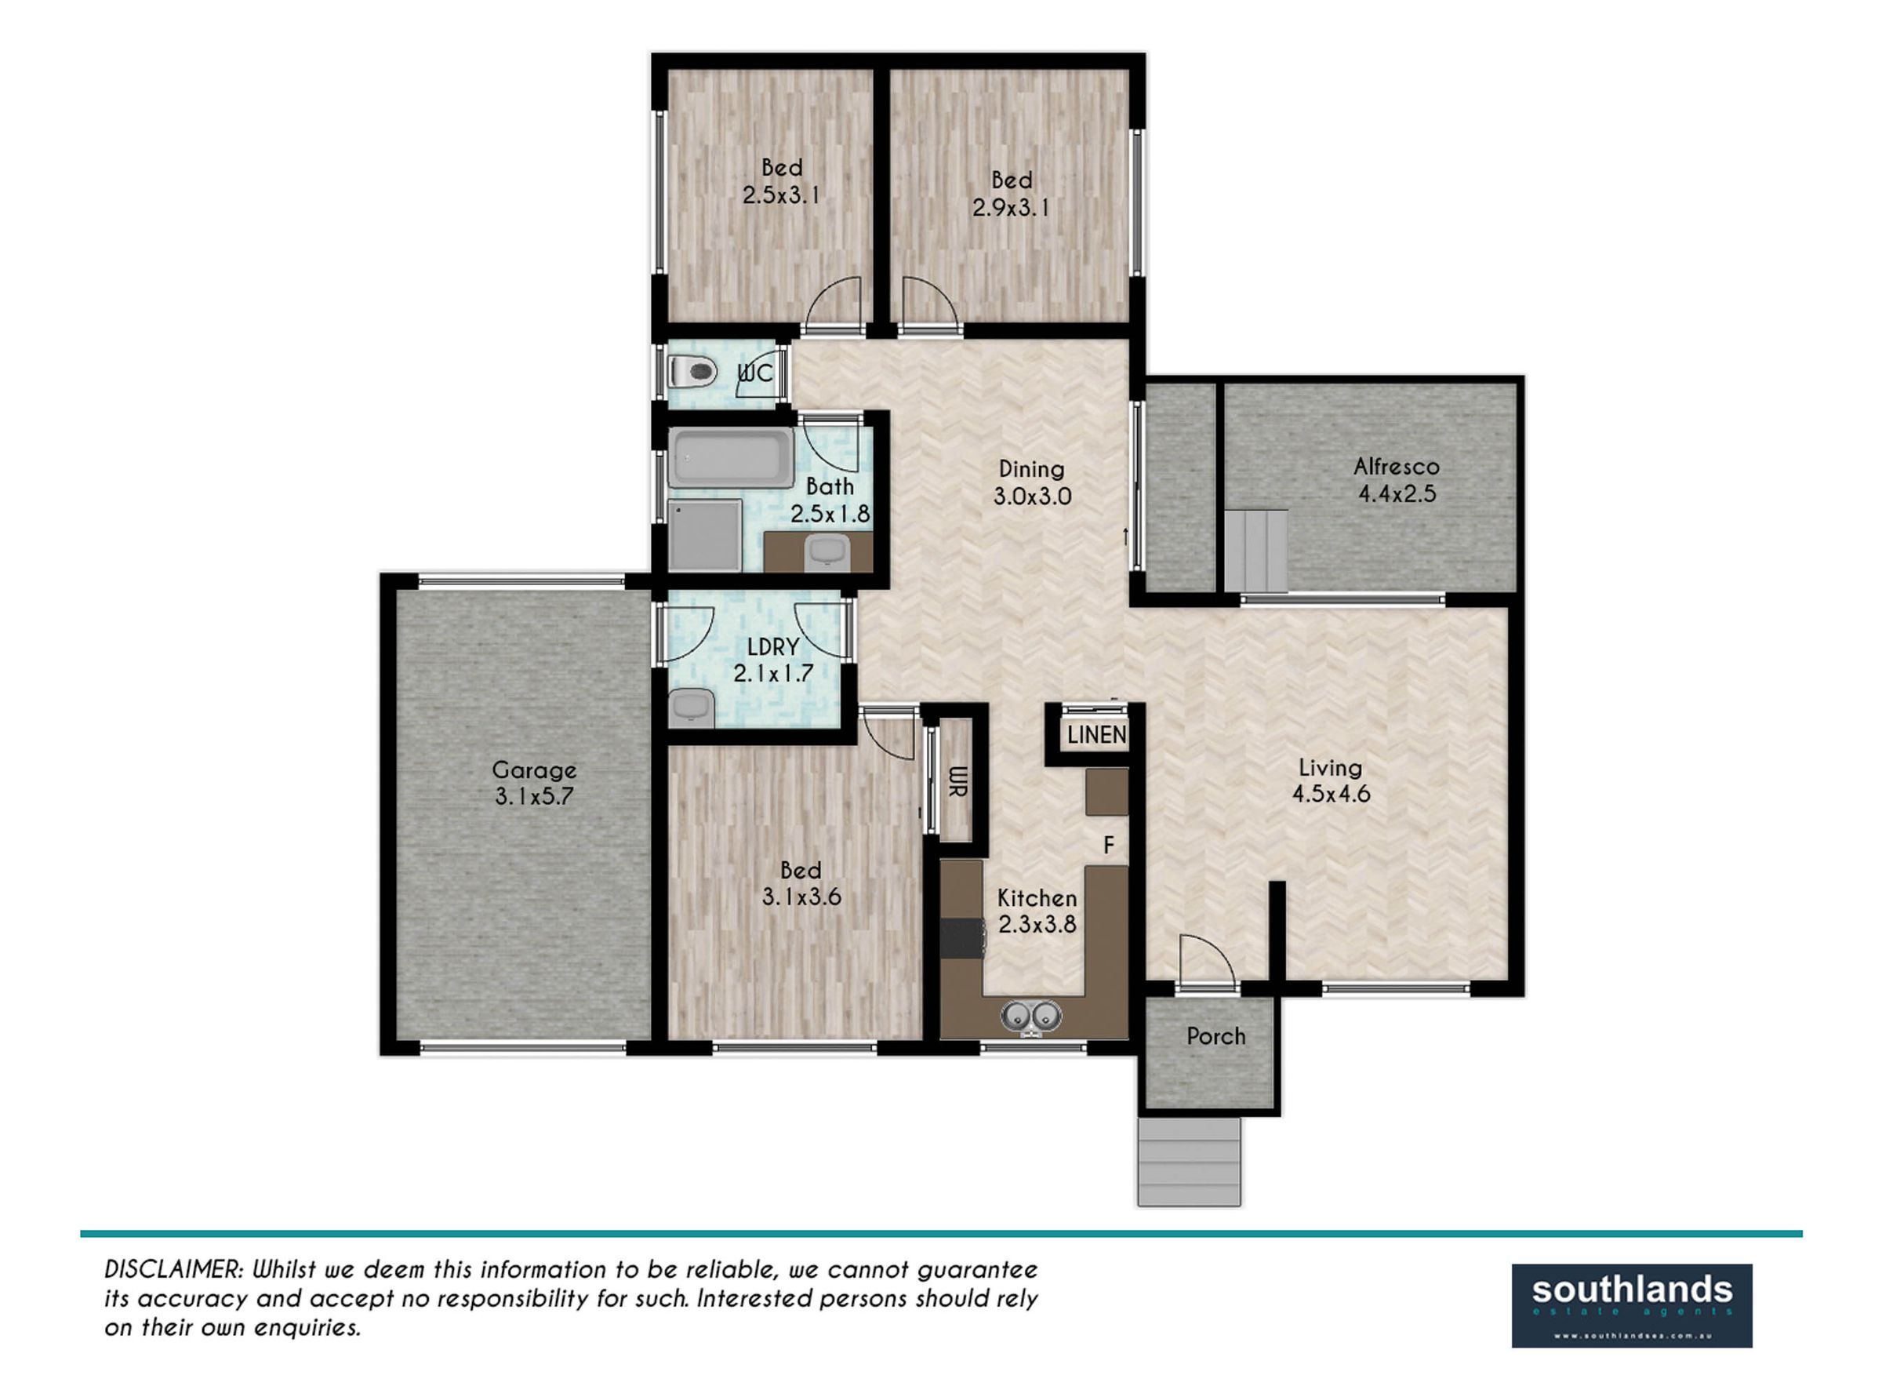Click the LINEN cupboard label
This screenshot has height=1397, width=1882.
click(1096, 735)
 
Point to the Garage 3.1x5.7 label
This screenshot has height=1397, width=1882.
click(534, 782)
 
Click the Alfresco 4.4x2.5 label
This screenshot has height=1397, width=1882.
click(1396, 479)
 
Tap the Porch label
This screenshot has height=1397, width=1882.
click(1215, 1036)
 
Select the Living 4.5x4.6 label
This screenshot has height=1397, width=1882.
click(1331, 780)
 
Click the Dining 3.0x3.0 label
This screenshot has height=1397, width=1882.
click(1031, 482)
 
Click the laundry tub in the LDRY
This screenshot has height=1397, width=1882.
click(692, 708)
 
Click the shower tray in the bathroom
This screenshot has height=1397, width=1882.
click(705, 535)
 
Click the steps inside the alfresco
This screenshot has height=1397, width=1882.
click(1257, 551)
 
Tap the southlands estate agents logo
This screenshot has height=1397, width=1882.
click(1632, 1306)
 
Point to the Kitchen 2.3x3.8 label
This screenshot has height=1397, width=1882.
click(1037, 911)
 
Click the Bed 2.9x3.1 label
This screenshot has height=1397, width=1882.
click(1011, 194)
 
